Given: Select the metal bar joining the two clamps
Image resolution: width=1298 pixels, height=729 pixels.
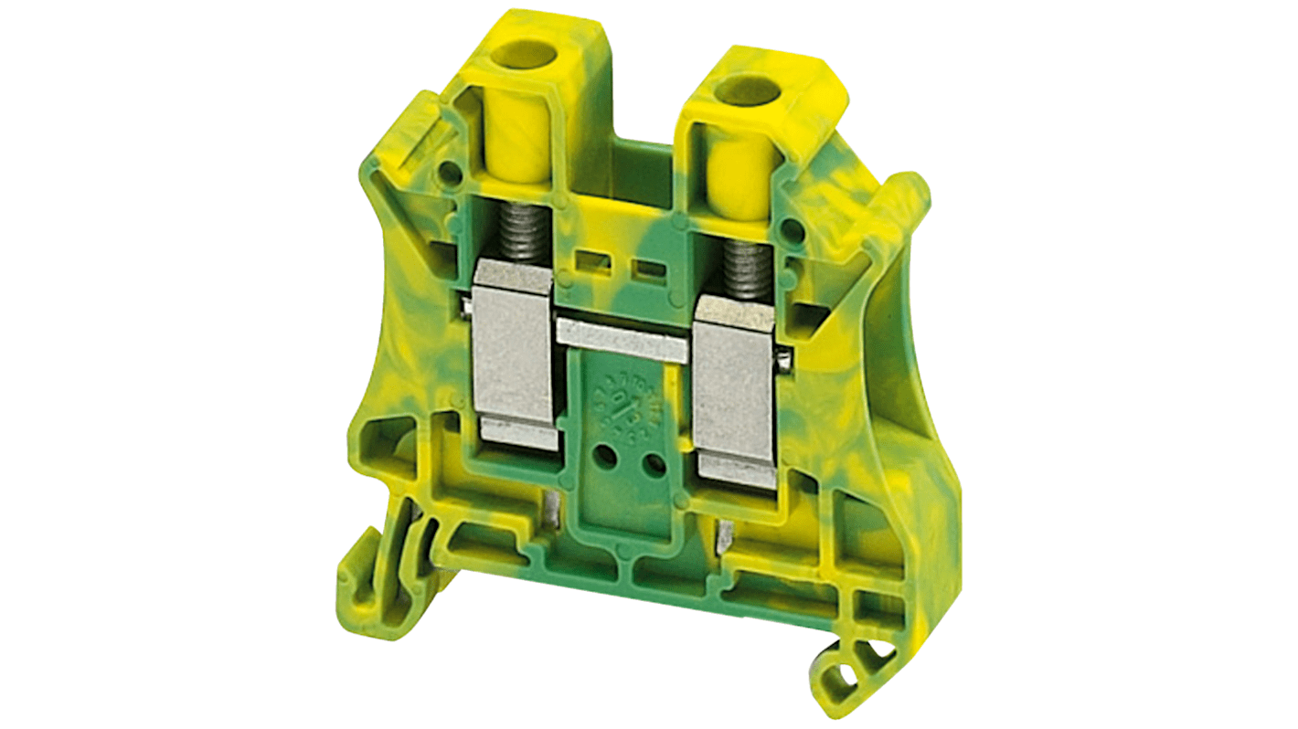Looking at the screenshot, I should coord(622,341).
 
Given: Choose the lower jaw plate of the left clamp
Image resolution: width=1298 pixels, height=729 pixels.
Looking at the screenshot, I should coord(517,436).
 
